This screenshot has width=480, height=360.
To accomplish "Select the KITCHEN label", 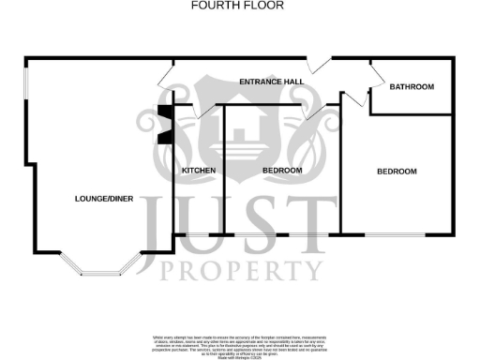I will (x=199, y=170).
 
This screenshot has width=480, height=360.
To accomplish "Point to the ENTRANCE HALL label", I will (x=271, y=82).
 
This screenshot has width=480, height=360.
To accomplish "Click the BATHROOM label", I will (x=412, y=87).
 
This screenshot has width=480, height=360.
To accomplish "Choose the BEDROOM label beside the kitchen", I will (x=282, y=170).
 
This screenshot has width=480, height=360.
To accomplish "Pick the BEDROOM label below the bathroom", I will (x=397, y=172).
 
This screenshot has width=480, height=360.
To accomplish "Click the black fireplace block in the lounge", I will (x=165, y=125).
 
